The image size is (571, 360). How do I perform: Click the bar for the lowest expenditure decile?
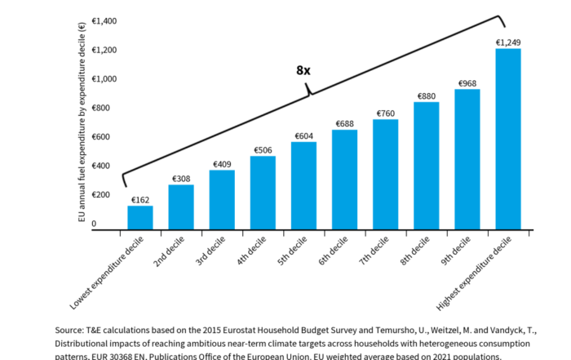tap(140, 218)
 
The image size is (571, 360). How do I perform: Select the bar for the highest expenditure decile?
tap(507, 139)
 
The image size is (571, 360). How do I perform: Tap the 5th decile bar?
tap(303, 186)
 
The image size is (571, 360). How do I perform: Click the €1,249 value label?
tap(507, 42)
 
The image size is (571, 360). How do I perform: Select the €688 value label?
tap(344, 123)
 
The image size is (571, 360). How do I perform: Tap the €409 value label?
tap(222, 163)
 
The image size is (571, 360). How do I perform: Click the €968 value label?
tap(467, 83)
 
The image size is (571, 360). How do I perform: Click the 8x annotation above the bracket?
tap(303, 70)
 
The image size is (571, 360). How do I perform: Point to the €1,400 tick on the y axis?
tap(104, 20)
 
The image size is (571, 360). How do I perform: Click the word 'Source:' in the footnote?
tap(71, 330)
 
